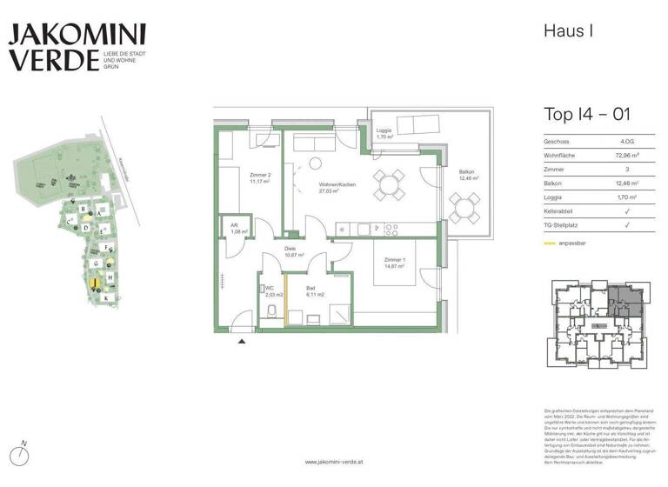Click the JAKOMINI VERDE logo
coord(77,49)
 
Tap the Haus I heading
coord(568,32)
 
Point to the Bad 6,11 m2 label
coord(315,292)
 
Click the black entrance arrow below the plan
coord(240,344)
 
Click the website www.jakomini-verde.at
coord(334,462)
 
